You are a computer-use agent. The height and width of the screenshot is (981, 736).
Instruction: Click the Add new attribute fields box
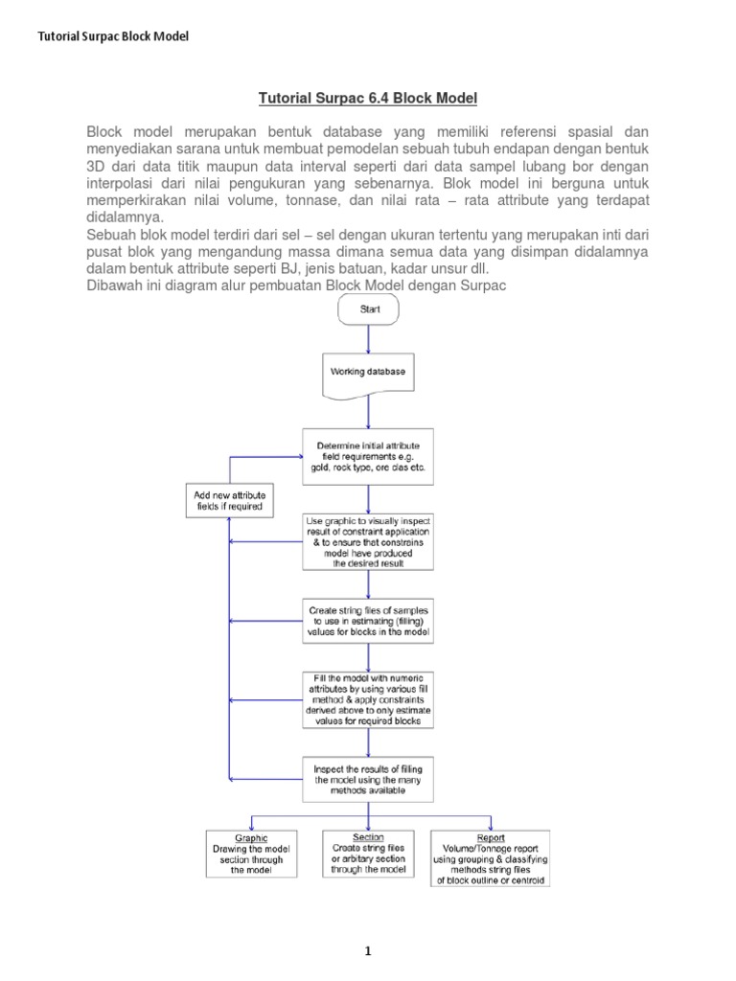[x=229, y=499]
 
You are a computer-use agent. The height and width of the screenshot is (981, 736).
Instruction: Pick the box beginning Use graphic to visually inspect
[x=368, y=542]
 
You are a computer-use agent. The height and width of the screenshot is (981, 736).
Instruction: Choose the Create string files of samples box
[x=368, y=621]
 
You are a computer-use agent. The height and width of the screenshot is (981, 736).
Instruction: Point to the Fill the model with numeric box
[x=368, y=698]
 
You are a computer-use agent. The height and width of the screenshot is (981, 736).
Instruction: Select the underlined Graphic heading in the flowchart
[x=251, y=837]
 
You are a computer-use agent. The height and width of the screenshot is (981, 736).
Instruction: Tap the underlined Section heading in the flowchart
[x=368, y=837]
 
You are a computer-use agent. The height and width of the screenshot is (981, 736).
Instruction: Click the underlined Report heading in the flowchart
[x=491, y=837]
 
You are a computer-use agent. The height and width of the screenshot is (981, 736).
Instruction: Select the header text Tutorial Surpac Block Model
[x=113, y=36]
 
